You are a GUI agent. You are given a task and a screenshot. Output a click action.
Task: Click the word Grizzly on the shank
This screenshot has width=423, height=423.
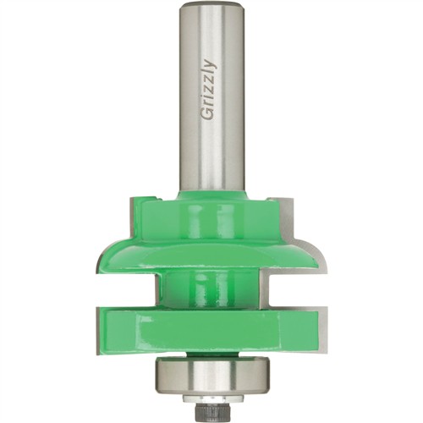tap(209, 90)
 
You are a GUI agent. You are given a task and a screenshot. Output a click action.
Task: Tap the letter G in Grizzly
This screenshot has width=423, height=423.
tap(207, 115)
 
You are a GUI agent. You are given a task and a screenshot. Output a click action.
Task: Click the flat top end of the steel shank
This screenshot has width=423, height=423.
tap(211, 4)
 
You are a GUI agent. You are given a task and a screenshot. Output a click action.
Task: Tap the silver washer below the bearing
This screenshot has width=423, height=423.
tap(212, 398)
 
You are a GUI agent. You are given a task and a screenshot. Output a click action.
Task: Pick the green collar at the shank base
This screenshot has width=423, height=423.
tap(212, 195)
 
